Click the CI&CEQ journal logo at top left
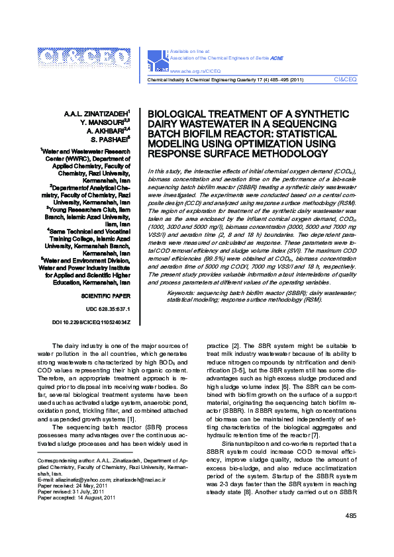tap(84, 60)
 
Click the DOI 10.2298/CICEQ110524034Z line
tap(91, 322)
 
